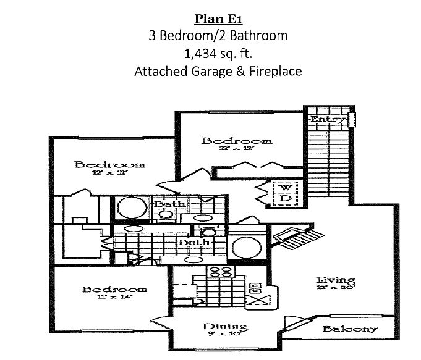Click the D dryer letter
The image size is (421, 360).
(x=284, y=198)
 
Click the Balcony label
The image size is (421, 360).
(x=350, y=329)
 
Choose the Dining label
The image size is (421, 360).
(x=225, y=327)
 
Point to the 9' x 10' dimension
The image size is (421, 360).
(x=225, y=335)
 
